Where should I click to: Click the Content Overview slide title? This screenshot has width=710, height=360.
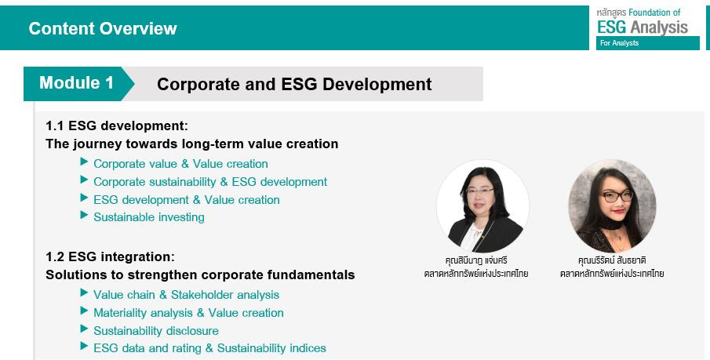point(103,28)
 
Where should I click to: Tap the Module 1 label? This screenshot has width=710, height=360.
point(76,83)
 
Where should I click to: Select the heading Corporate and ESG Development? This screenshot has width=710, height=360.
point(294,84)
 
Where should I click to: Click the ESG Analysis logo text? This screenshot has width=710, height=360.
point(643,27)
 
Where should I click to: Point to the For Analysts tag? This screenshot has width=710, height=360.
point(620,43)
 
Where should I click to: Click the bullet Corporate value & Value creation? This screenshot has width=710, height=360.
point(180,164)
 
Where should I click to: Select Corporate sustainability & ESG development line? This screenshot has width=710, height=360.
point(210,182)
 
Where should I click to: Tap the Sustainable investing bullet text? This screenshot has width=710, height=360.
point(149,217)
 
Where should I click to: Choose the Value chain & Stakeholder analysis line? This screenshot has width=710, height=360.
point(186,295)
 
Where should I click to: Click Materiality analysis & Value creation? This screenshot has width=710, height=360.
point(188,313)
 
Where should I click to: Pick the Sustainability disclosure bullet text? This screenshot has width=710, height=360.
point(156,330)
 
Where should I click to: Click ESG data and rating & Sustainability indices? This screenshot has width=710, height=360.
point(209,348)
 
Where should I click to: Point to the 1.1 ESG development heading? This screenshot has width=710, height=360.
point(117,125)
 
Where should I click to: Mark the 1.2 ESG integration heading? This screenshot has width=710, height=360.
point(110,256)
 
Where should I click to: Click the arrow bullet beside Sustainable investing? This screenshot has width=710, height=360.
point(84,215)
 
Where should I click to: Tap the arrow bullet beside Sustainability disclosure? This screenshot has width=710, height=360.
point(84,329)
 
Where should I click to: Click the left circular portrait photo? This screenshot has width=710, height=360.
point(482,206)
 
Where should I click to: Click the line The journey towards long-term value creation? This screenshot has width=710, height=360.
point(192,144)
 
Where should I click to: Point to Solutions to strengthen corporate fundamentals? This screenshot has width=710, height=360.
point(200,275)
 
